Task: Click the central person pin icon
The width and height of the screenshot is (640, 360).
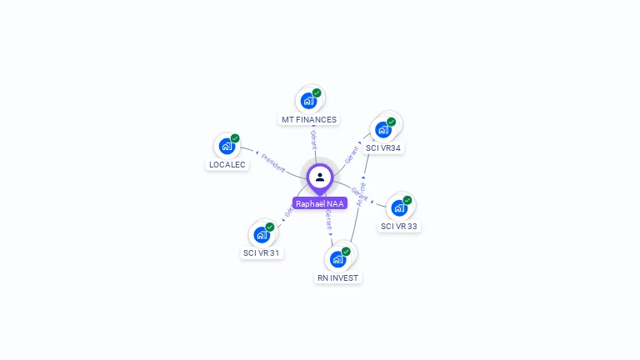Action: pos(320,177)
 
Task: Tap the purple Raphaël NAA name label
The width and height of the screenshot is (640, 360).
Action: pos(320,203)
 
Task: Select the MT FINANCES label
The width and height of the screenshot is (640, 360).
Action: pos(309,119)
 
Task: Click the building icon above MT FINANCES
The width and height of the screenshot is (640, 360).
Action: pos(309,101)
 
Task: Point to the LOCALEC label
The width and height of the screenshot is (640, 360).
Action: pos(227,164)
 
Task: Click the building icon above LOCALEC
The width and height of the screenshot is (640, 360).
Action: pos(227,146)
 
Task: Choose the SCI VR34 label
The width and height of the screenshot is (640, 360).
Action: pos(383,147)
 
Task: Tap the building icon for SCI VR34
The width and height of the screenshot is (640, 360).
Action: pos(382,129)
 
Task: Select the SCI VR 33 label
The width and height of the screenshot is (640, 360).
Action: pos(399,226)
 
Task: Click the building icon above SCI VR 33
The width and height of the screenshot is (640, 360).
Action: pos(399,207)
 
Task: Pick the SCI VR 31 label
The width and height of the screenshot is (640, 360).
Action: pos(262,252)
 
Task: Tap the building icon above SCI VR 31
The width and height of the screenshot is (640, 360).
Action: pos(262,234)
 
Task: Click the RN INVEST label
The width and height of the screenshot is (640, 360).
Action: pos(338,277)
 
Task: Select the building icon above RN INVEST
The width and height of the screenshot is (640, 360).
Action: pos(337,259)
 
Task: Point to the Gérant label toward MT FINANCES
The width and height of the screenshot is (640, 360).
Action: pos(313,140)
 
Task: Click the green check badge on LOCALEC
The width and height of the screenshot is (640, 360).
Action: pos(235,138)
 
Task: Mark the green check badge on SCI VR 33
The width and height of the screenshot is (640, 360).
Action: pos(407,200)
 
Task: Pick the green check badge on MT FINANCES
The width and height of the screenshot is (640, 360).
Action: pos(317,93)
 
